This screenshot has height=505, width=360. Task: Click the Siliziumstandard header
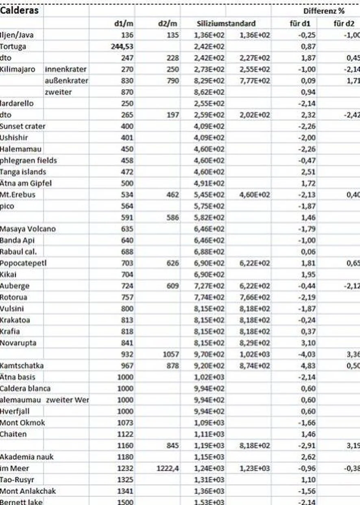(226, 24)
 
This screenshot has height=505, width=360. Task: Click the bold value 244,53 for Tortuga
(122, 46)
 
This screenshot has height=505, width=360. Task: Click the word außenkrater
(66, 81)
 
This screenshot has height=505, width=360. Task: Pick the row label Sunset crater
(22, 126)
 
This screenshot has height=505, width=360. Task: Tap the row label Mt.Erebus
(17, 195)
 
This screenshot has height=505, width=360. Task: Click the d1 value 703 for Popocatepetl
(127, 263)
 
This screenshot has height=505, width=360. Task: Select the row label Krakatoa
(15, 320)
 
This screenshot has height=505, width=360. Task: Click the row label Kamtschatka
(21, 365)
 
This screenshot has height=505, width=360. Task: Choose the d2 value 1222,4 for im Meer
(168, 468)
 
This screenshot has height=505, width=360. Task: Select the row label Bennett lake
(20, 502)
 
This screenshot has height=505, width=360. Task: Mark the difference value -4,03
(307, 354)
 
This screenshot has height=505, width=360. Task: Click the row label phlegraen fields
(28, 160)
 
